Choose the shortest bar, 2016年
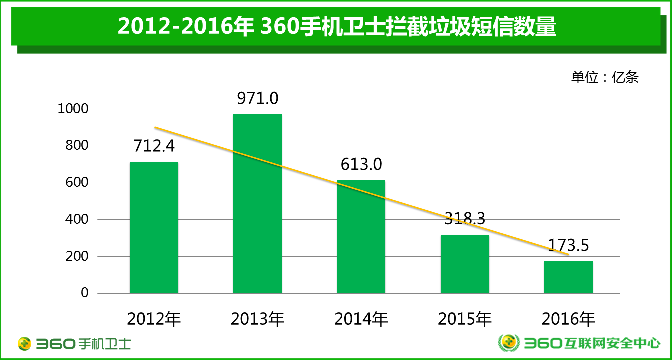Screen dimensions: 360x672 (568, 277)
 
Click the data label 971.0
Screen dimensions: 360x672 (257, 98)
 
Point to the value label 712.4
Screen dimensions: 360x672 (154, 146)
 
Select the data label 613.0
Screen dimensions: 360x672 (361, 164)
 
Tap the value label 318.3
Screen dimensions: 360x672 (465, 219)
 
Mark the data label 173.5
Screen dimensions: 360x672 (568, 245)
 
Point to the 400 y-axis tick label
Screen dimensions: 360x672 (77, 219)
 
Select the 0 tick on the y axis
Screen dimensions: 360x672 (85, 293)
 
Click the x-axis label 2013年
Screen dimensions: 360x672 (257, 319)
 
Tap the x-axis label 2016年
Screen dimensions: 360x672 (568, 319)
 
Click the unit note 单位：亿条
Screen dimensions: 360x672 (605, 77)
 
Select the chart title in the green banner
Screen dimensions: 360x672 (337, 27)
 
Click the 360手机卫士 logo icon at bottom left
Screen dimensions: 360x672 (25, 344)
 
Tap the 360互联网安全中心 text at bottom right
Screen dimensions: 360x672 (592, 343)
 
